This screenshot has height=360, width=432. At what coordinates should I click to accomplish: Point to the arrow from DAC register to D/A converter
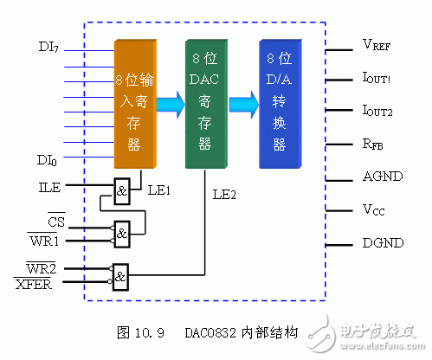[245, 106]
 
